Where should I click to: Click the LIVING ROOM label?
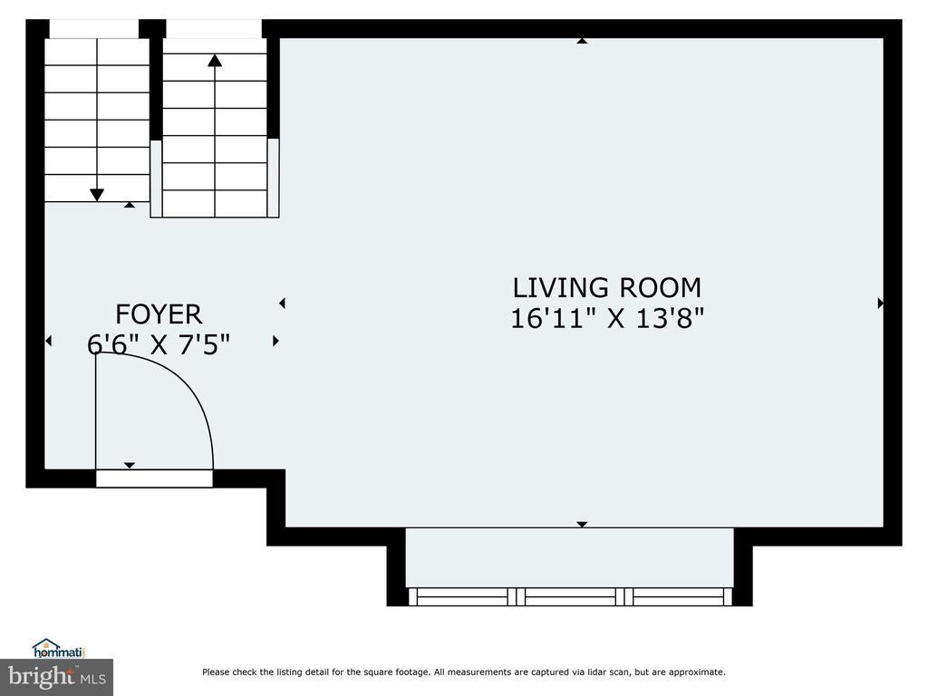606,287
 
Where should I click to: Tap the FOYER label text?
159,314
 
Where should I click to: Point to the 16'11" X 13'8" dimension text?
607,318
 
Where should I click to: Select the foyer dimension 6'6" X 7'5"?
158,344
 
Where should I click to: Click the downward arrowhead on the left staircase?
96,195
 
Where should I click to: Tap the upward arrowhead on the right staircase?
215,61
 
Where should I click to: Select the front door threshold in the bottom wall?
154,478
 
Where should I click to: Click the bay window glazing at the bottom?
570,596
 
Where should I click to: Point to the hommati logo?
59,649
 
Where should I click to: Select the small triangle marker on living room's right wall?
880,303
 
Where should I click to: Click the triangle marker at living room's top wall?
582,41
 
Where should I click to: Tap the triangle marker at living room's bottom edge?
582,525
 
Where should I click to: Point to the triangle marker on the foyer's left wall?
49,341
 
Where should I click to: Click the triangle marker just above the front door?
130,465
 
